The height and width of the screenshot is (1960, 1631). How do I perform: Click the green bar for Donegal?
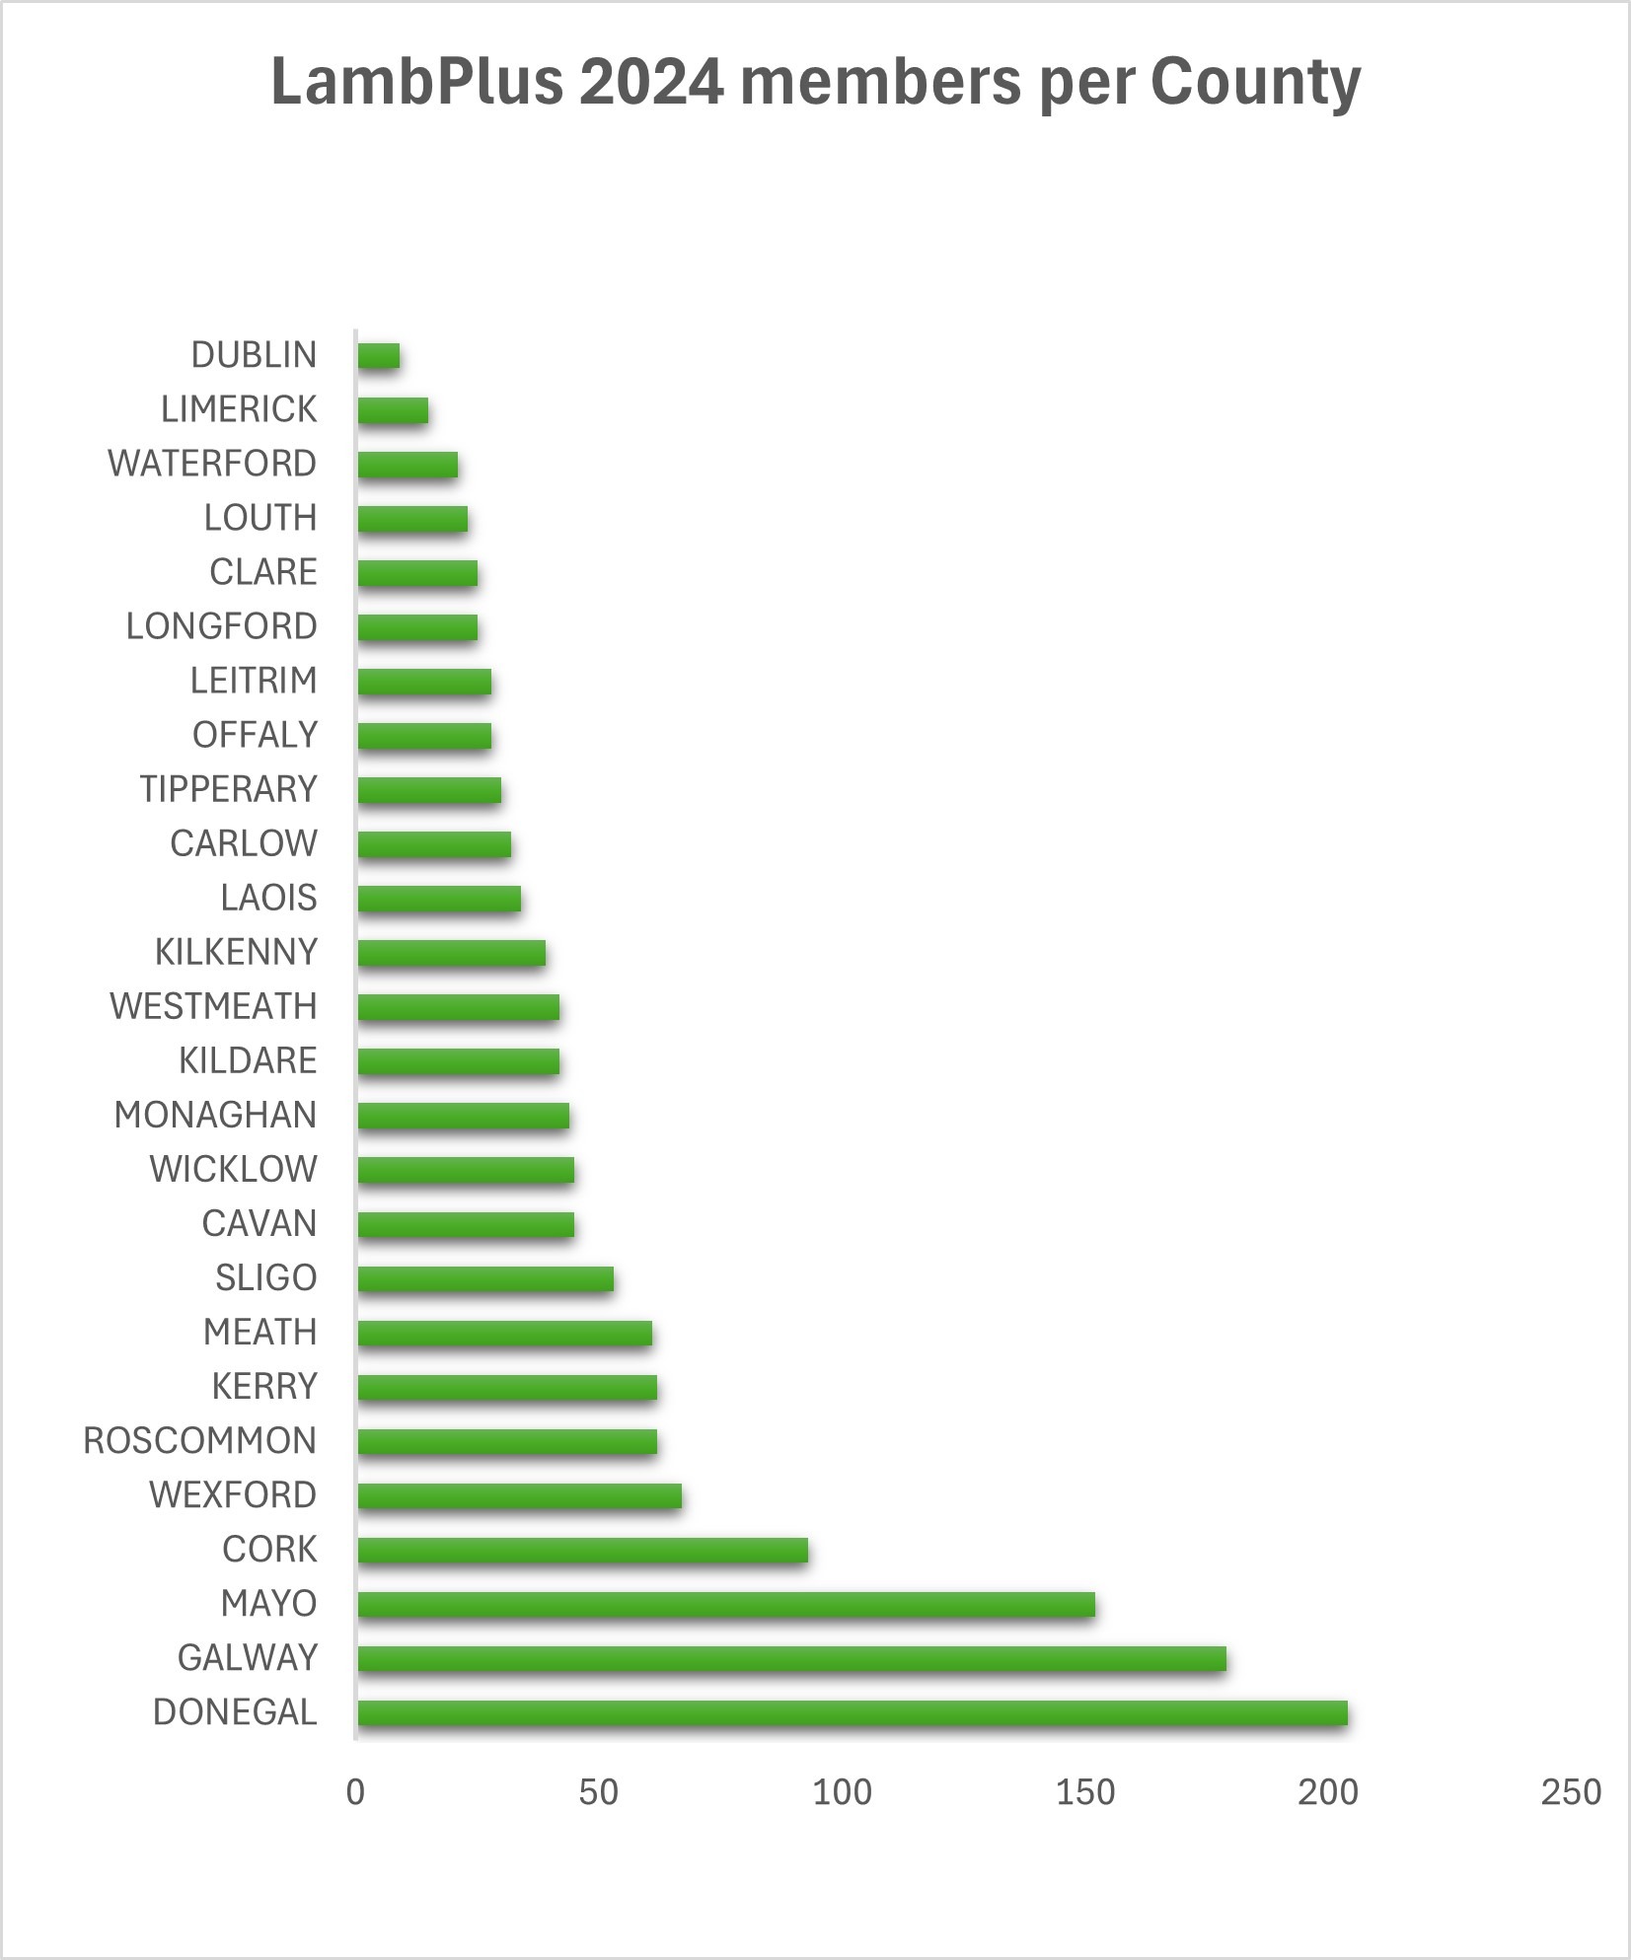point(852,1713)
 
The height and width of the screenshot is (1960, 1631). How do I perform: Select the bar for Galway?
point(791,1659)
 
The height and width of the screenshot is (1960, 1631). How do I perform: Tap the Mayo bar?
point(726,1605)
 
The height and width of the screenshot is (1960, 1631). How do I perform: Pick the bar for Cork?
point(582,1551)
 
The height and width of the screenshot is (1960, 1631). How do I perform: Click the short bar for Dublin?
point(379,356)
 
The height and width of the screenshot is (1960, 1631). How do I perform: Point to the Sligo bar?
point(485,1279)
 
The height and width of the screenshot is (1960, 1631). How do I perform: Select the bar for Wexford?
point(519,1496)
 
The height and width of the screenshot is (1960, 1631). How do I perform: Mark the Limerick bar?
point(393,410)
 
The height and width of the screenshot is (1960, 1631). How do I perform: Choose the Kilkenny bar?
point(451,953)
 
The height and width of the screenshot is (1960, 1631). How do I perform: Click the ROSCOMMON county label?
point(199,1441)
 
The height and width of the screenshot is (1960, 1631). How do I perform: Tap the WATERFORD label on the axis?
point(212,464)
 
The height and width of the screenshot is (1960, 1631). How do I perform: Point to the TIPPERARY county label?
point(228,789)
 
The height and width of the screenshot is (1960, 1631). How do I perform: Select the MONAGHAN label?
point(215,1115)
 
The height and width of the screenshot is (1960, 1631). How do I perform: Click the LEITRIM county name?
point(254,681)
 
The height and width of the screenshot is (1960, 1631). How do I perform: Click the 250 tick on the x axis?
point(1570,1792)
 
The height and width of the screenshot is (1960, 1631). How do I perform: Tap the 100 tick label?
point(842,1792)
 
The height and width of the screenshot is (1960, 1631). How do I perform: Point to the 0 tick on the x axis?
point(355,1792)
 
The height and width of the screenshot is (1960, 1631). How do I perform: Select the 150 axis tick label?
point(1084,1792)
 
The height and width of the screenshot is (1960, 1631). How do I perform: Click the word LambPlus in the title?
point(416,81)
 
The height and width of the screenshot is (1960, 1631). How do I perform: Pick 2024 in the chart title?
point(651,81)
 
